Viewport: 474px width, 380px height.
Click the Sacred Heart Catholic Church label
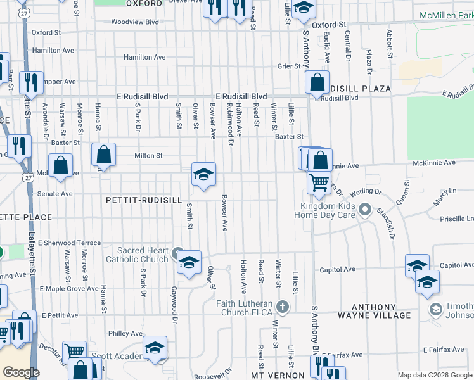tap(136, 255)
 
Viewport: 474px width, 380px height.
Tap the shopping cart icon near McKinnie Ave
tap(319, 183)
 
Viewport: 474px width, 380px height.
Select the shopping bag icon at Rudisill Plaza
tap(316, 82)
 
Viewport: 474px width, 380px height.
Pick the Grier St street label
tap(289, 66)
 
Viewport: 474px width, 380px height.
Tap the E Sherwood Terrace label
tap(69, 243)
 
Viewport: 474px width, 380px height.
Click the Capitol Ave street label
tap(337, 269)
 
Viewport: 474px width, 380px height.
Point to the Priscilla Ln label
tap(458, 218)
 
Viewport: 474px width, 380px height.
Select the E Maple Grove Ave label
tap(69, 289)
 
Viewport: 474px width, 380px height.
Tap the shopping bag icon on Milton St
tap(103, 155)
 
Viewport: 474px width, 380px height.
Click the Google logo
tap(21, 372)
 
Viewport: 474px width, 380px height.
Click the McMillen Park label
tap(446, 15)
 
